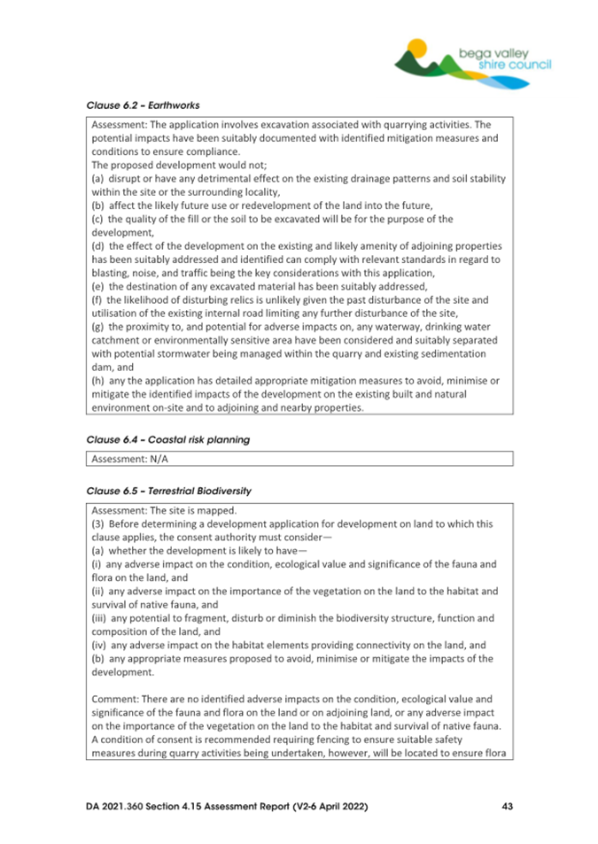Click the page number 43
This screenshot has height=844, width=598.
pyautogui.click(x=507, y=807)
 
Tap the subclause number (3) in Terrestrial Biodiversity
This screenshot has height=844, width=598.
pyautogui.click(x=98, y=524)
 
